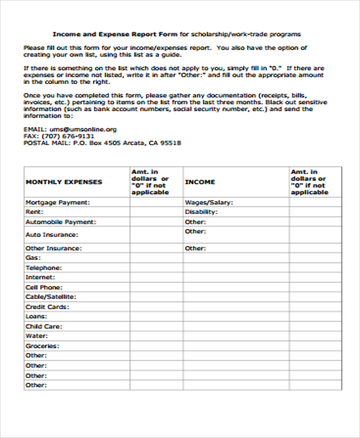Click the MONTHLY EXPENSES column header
tap(64, 182)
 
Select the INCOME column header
tap(200, 182)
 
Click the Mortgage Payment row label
tap(57, 202)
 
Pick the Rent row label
tap(33, 212)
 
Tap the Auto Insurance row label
tap(51, 235)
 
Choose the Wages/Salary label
tap(208, 202)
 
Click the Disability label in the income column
tap(200, 212)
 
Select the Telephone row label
tap(43, 268)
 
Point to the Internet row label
tap(40, 277)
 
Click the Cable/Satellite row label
tap(50, 296)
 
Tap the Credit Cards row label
tap(47, 307)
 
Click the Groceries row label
tap(42, 346)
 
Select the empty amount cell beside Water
tap(156, 336)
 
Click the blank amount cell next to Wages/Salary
tap(316, 202)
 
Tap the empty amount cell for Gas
tap(156, 257)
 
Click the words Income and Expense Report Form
tap(115, 34)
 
